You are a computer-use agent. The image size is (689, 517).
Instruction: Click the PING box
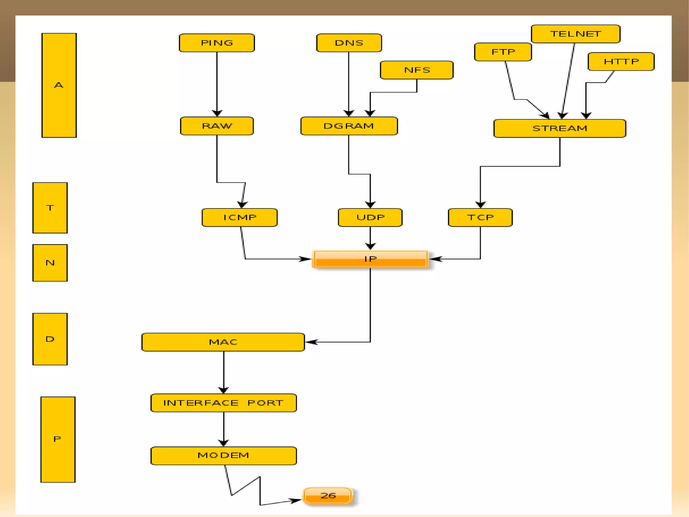tap(217, 43)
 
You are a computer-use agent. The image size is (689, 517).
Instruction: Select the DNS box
tap(349, 43)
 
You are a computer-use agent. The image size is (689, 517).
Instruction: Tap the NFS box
tap(416, 70)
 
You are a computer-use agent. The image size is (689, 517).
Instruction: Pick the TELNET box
tap(575, 34)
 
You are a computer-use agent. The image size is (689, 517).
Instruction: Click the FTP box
tap(503, 52)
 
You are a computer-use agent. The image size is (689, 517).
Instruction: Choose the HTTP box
tap(621, 62)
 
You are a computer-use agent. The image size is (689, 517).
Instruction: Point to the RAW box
tap(217, 126)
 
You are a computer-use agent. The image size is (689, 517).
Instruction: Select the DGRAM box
tap(349, 126)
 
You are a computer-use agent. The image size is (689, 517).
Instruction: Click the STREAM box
tap(559, 128)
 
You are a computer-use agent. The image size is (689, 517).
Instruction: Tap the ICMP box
tap(240, 218)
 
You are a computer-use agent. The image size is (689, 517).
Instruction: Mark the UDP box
tap(370, 218)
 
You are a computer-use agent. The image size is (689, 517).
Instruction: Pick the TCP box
tap(480, 218)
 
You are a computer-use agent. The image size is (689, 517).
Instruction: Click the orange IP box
tap(370, 259)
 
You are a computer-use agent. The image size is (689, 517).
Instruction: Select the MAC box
tap(223, 342)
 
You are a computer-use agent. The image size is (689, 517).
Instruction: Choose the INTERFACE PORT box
tap(223, 403)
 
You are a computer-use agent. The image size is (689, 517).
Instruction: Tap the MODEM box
tap(223, 456)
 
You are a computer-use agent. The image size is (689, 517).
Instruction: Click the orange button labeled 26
tap(328, 496)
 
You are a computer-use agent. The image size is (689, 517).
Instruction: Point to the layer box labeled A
tap(59, 85)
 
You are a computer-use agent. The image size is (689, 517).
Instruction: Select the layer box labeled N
tap(50, 263)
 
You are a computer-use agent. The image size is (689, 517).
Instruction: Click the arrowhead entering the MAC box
tap(311, 342)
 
